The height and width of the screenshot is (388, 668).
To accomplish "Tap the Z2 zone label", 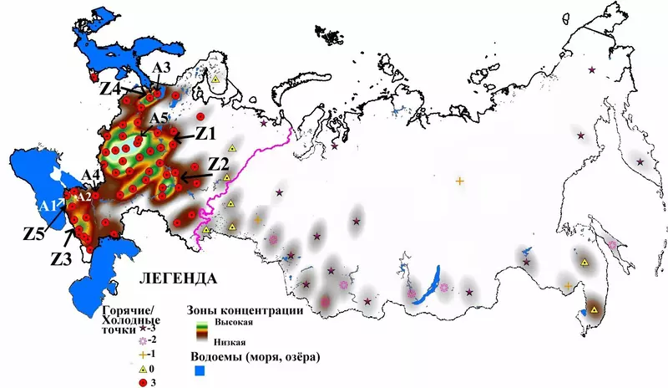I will pyautogui.click(x=219, y=162).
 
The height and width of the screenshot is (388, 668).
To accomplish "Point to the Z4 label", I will pyautogui.click(x=114, y=87).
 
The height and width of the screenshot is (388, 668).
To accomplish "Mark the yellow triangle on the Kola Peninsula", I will pyautogui.click(x=215, y=79).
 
